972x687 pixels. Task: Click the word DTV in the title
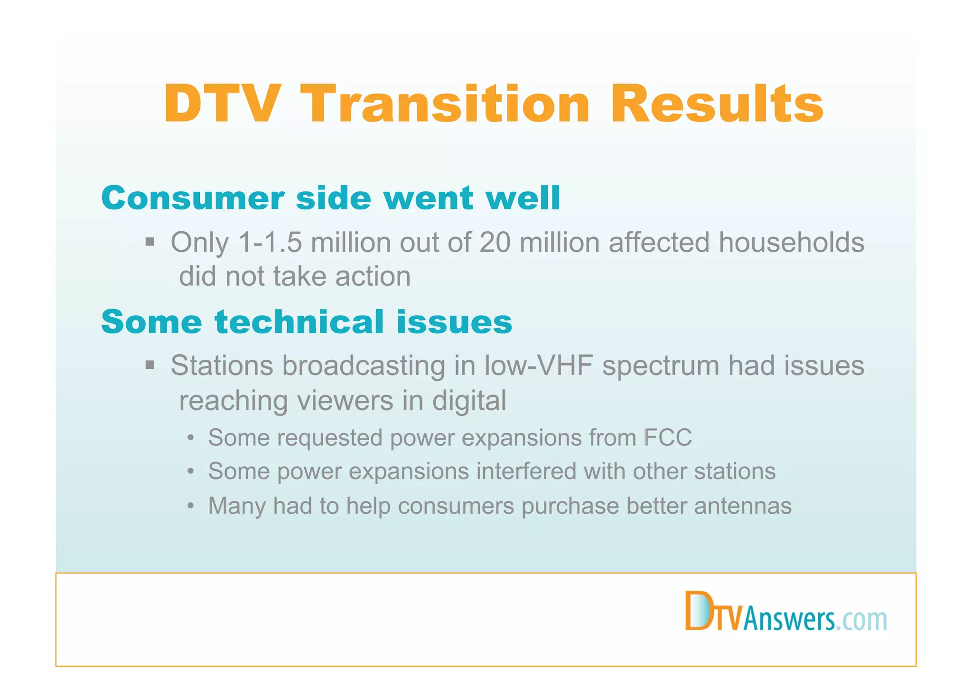pos(222,104)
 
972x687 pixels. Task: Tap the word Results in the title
pos(717,104)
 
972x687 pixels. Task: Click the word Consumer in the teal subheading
pos(193,198)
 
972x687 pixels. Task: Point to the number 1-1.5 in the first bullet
pos(270,243)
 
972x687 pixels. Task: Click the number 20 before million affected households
pos(495,243)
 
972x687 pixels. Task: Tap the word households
pos(791,243)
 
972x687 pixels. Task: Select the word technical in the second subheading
pos(299,322)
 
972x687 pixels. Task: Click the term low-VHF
pos(538,366)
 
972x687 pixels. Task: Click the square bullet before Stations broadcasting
pos(150,366)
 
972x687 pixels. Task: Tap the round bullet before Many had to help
pos(190,506)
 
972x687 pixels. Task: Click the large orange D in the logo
pos(698,611)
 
